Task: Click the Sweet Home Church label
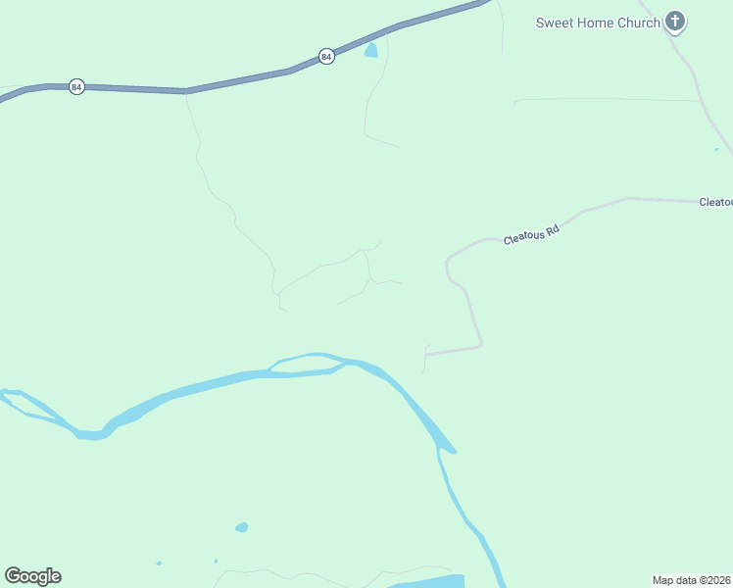tap(598, 23)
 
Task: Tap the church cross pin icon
tap(675, 21)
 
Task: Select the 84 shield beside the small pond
tap(326, 57)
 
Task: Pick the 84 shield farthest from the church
tap(76, 87)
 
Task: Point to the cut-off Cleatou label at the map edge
tap(715, 202)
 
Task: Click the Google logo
tap(33, 576)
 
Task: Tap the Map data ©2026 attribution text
tap(692, 580)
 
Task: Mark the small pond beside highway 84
tap(371, 50)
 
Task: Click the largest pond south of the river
tap(241, 527)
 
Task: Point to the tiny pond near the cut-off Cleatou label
tap(716, 150)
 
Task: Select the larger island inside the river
tap(306, 364)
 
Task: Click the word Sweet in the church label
tap(554, 23)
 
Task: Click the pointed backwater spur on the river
tap(448, 447)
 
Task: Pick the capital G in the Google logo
tap(14, 576)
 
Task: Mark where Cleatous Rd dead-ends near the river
tap(426, 354)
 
